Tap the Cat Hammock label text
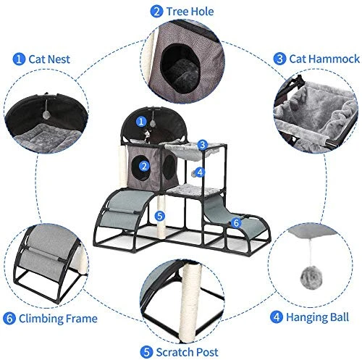point(320,59)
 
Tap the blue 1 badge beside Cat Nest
point(17,59)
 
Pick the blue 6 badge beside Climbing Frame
point(9,317)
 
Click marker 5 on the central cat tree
point(160,215)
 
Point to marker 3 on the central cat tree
point(204,145)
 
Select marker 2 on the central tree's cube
point(145,166)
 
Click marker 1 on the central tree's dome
point(141,112)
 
